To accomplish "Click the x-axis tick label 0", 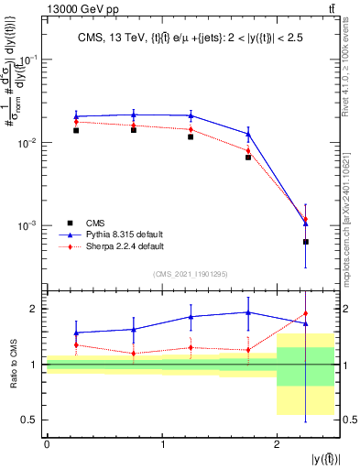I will pos(47,444).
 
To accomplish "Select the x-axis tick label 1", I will pos(162,444).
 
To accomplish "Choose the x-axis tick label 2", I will pos(277,444).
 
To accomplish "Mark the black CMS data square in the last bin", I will pos(305,242).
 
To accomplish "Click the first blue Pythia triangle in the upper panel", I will pos(76,116).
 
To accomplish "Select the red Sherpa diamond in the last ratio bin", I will pos(305,314).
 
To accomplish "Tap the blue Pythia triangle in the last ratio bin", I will pos(305,323).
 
